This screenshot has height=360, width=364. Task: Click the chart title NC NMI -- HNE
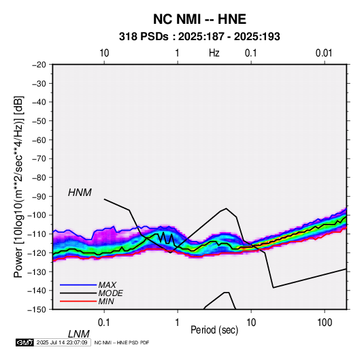coord(199,19)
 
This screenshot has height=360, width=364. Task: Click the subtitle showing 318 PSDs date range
coord(199,37)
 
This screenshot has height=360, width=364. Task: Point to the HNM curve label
coord(80,193)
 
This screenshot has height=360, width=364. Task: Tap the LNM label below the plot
coord(79,334)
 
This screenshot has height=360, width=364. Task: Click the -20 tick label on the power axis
coord(39,65)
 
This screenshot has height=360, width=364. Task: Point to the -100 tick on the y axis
coord(37,215)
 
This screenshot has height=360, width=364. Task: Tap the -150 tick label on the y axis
coord(37,310)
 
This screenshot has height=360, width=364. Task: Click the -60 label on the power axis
coord(39,140)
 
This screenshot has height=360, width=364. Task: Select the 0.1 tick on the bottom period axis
coord(104,323)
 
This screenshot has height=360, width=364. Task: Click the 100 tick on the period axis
coord(325,323)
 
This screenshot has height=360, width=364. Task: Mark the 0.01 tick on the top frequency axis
coord(324,53)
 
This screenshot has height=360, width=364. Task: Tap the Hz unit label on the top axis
coord(214,53)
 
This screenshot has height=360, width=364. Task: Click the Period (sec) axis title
coord(214,330)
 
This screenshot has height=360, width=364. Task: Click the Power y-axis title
coord(18,186)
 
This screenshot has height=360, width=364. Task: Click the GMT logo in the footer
coord(25,342)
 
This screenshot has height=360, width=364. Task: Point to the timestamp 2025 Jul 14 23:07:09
coord(62,342)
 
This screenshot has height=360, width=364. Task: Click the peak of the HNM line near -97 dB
coord(226,208)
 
